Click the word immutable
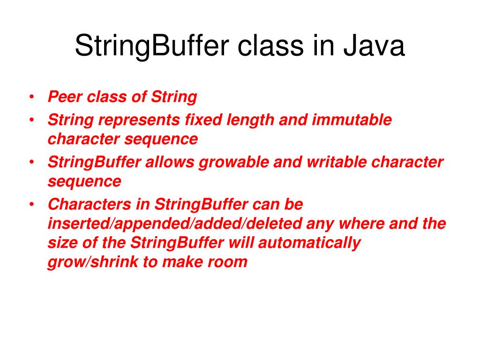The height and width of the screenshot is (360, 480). click(x=352, y=120)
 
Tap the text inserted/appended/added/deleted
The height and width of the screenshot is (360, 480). click(x=175, y=224)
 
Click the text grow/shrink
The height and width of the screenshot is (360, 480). click(x=93, y=262)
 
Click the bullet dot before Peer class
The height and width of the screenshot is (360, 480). click(x=31, y=97)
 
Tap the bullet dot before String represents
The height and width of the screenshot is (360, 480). click(x=31, y=120)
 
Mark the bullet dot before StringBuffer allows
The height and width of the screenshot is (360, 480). click(x=31, y=162)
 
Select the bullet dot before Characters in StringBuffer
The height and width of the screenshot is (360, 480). click(x=31, y=204)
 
